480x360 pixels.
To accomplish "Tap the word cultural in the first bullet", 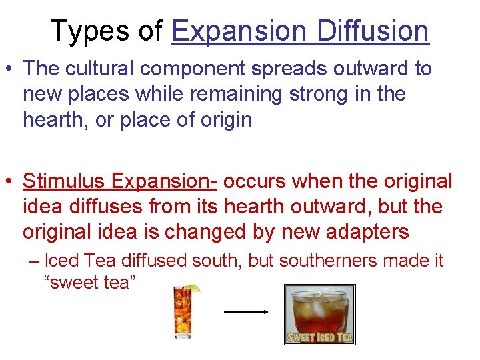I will point(103,68).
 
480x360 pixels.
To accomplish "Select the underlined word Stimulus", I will point(64,181).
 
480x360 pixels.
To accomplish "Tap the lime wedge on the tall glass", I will point(193,289).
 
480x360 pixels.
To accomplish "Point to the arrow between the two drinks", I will point(245,311).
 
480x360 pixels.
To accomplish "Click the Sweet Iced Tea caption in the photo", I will point(319,337).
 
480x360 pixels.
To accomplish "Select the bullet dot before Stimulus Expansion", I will point(9,181).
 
